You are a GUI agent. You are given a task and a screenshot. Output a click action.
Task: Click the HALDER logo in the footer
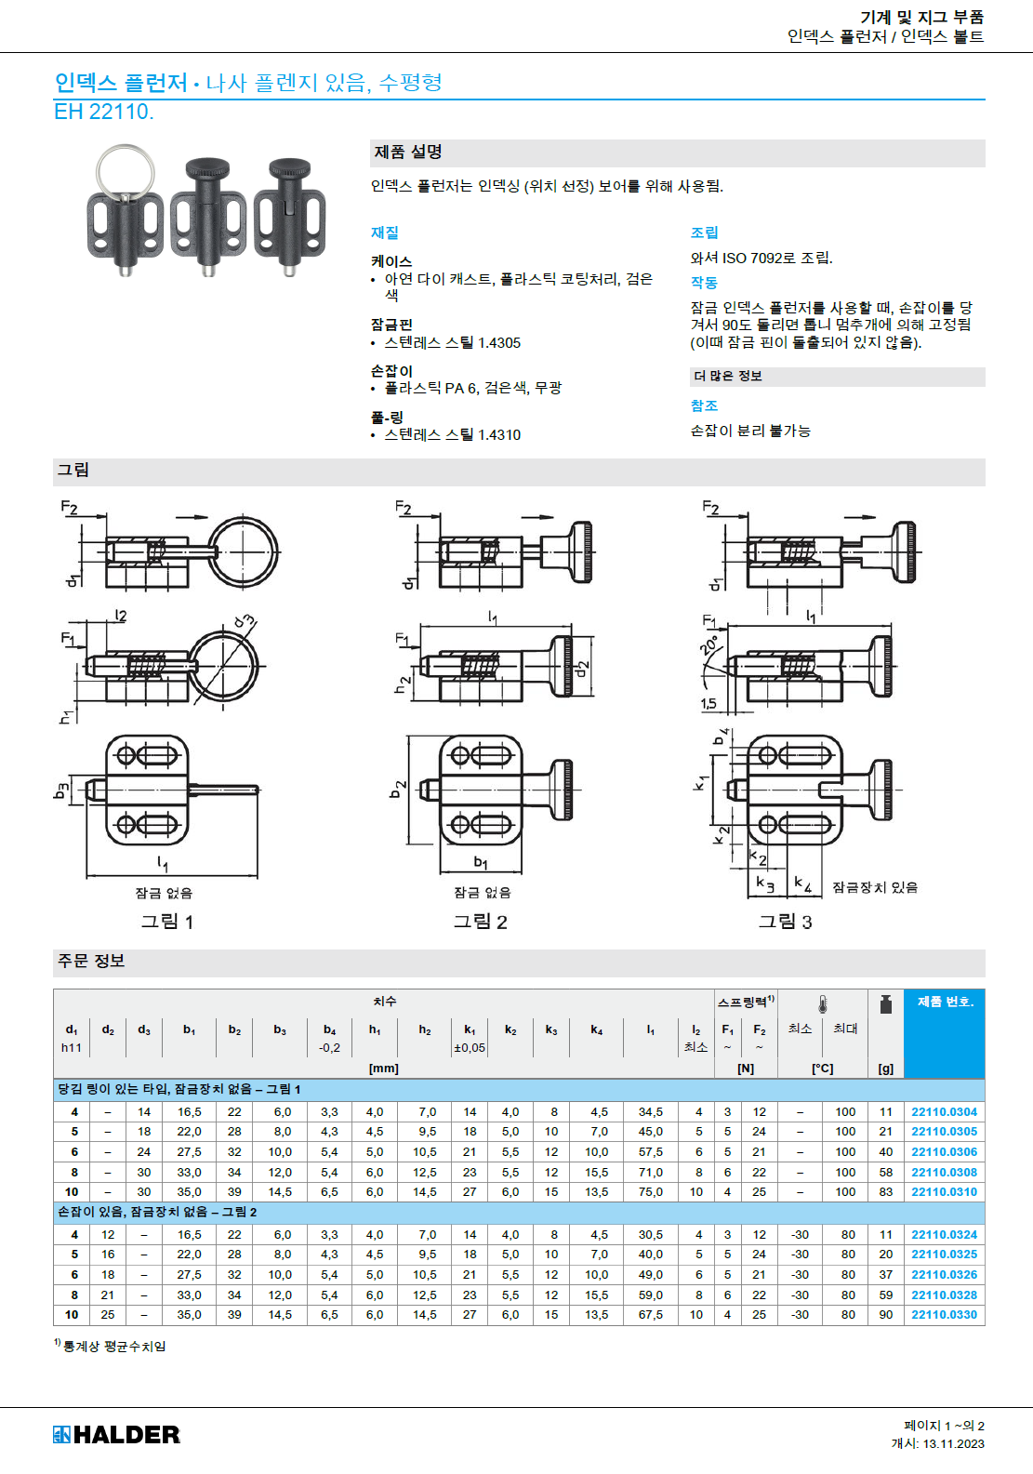(x=116, y=1434)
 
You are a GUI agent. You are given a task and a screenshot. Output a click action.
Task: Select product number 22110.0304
(x=944, y=1111)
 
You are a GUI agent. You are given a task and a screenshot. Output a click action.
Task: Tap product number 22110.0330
(x=944, y=1314)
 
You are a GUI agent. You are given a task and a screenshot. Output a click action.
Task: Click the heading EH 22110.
(x=103, y=112)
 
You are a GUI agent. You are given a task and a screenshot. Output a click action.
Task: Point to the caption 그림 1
(x=167, y=922)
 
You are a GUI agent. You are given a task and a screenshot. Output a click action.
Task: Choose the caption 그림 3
(x=785, y=922)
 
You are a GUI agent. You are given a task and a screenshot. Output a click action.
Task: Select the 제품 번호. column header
(x=945, y=1002)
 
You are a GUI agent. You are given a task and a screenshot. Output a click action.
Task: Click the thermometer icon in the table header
(x=823, y=1004)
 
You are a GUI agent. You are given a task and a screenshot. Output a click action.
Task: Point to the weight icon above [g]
(x=885, y=1004)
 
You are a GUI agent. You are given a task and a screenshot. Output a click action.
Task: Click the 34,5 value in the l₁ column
(x=650, y=1111)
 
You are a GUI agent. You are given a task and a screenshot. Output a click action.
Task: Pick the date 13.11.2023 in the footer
(x=953, y=1443)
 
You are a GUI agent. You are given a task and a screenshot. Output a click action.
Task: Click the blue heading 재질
(x=385, y=232)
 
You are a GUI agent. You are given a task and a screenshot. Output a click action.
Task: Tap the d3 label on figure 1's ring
(x=245, y=620)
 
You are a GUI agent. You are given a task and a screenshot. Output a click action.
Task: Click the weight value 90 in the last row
(x=885, y=1314)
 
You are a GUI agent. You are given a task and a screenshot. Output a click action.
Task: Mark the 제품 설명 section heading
(x=408, y=152)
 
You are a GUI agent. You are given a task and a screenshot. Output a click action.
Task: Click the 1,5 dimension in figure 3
(x=708, y=703)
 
